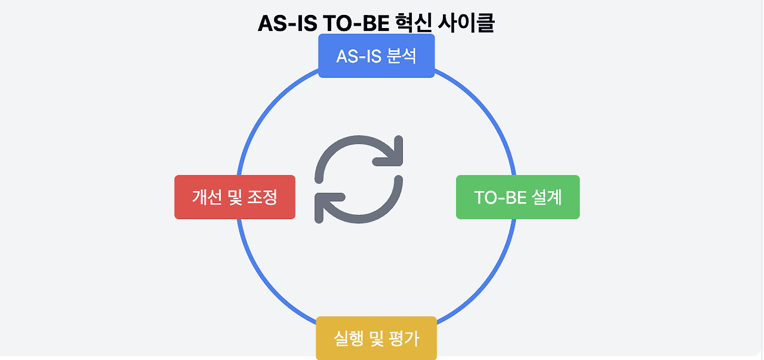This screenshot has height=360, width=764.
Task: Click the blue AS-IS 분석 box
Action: (376, 56)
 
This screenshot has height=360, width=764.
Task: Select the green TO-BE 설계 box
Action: (517, 197)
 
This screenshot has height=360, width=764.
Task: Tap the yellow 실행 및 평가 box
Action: (376, 339)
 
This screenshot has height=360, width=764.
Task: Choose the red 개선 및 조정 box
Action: (235, 197)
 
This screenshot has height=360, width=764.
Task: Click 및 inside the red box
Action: (235, 197)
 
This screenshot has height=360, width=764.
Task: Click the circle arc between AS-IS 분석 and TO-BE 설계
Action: (475, 99)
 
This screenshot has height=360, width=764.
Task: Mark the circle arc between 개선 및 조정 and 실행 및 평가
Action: (278, 296)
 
